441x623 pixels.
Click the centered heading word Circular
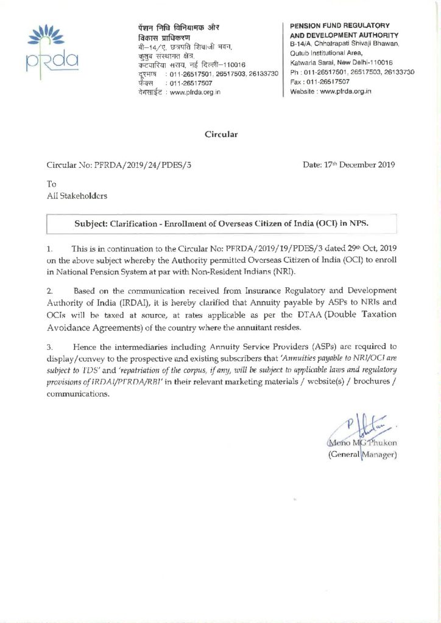(221, 134)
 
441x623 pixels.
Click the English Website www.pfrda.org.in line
(331, 91)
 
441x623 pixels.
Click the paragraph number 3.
(49, 347)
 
